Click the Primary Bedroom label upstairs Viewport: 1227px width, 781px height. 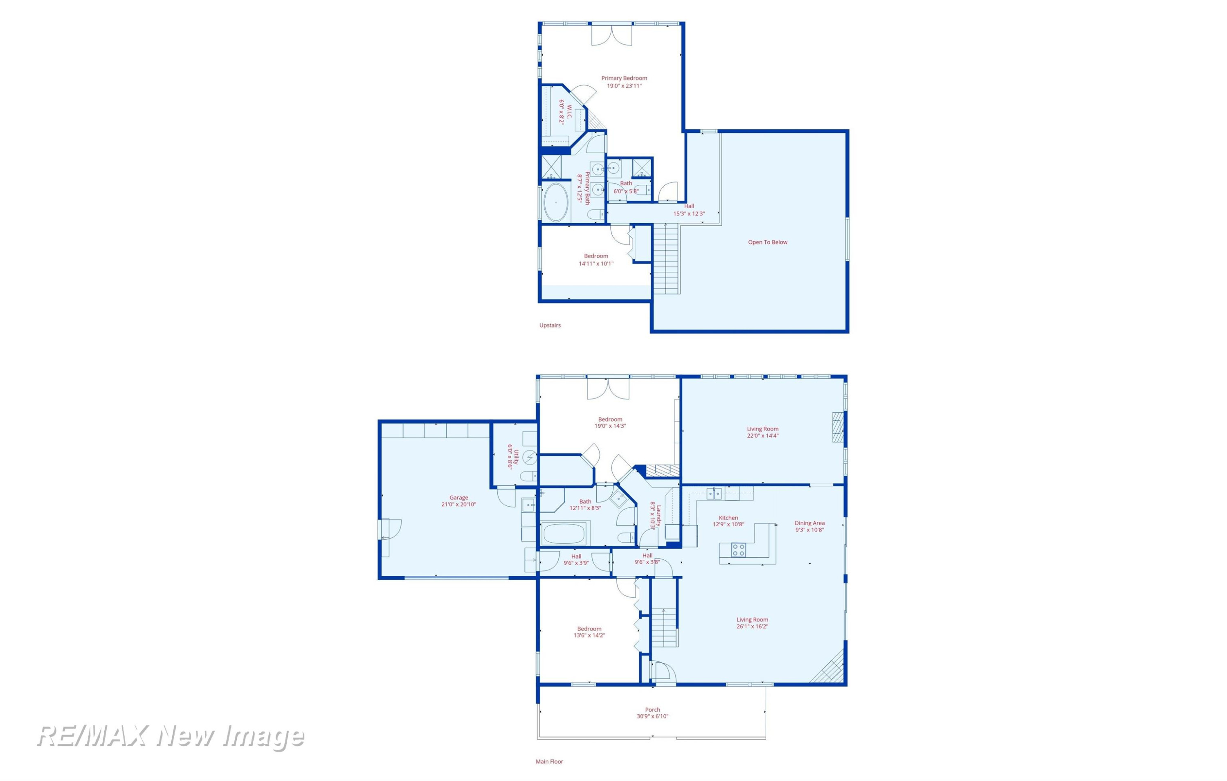click(624, 79)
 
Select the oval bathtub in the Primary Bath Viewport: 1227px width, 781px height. click(556, 202)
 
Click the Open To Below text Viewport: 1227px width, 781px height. click(767, 242)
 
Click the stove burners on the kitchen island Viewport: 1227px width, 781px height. click(738, 550)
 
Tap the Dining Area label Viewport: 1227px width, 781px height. click(810, 523)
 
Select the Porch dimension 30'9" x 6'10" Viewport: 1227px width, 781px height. click(652, 716)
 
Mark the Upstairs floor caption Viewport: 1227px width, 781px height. click(550, 325)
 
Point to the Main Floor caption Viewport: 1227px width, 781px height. click(549, 762)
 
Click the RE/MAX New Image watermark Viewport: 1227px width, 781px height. click(171, 737)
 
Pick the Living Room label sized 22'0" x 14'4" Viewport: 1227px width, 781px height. click(763, 433)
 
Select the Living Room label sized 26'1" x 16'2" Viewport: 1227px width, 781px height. click(752, 623)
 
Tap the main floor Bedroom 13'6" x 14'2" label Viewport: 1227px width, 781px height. click(589, 632)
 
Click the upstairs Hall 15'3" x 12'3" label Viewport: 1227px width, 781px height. click(689, 210)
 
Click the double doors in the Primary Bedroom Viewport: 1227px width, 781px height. click(611, 35)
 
